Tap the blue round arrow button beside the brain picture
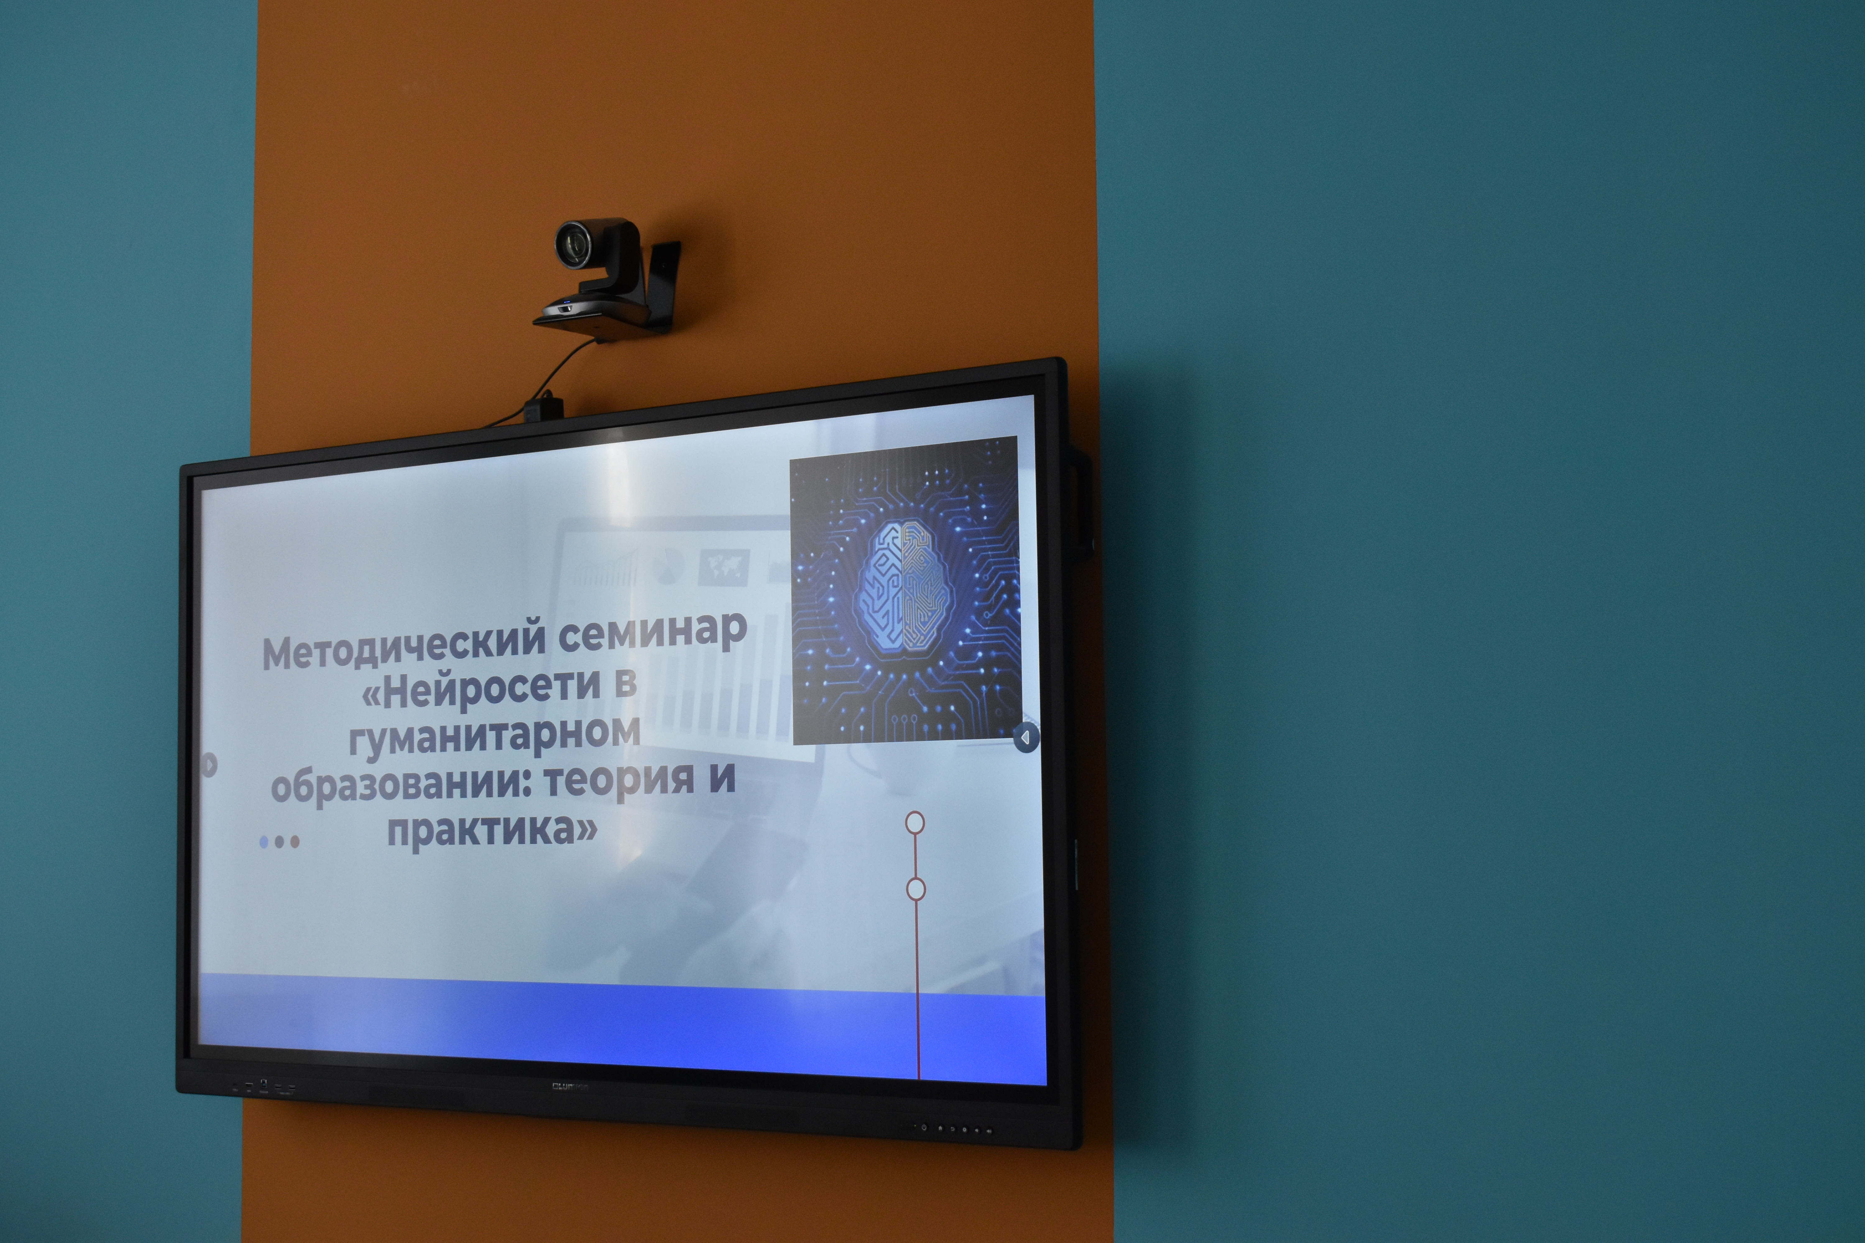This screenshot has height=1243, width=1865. (1025, 737)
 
